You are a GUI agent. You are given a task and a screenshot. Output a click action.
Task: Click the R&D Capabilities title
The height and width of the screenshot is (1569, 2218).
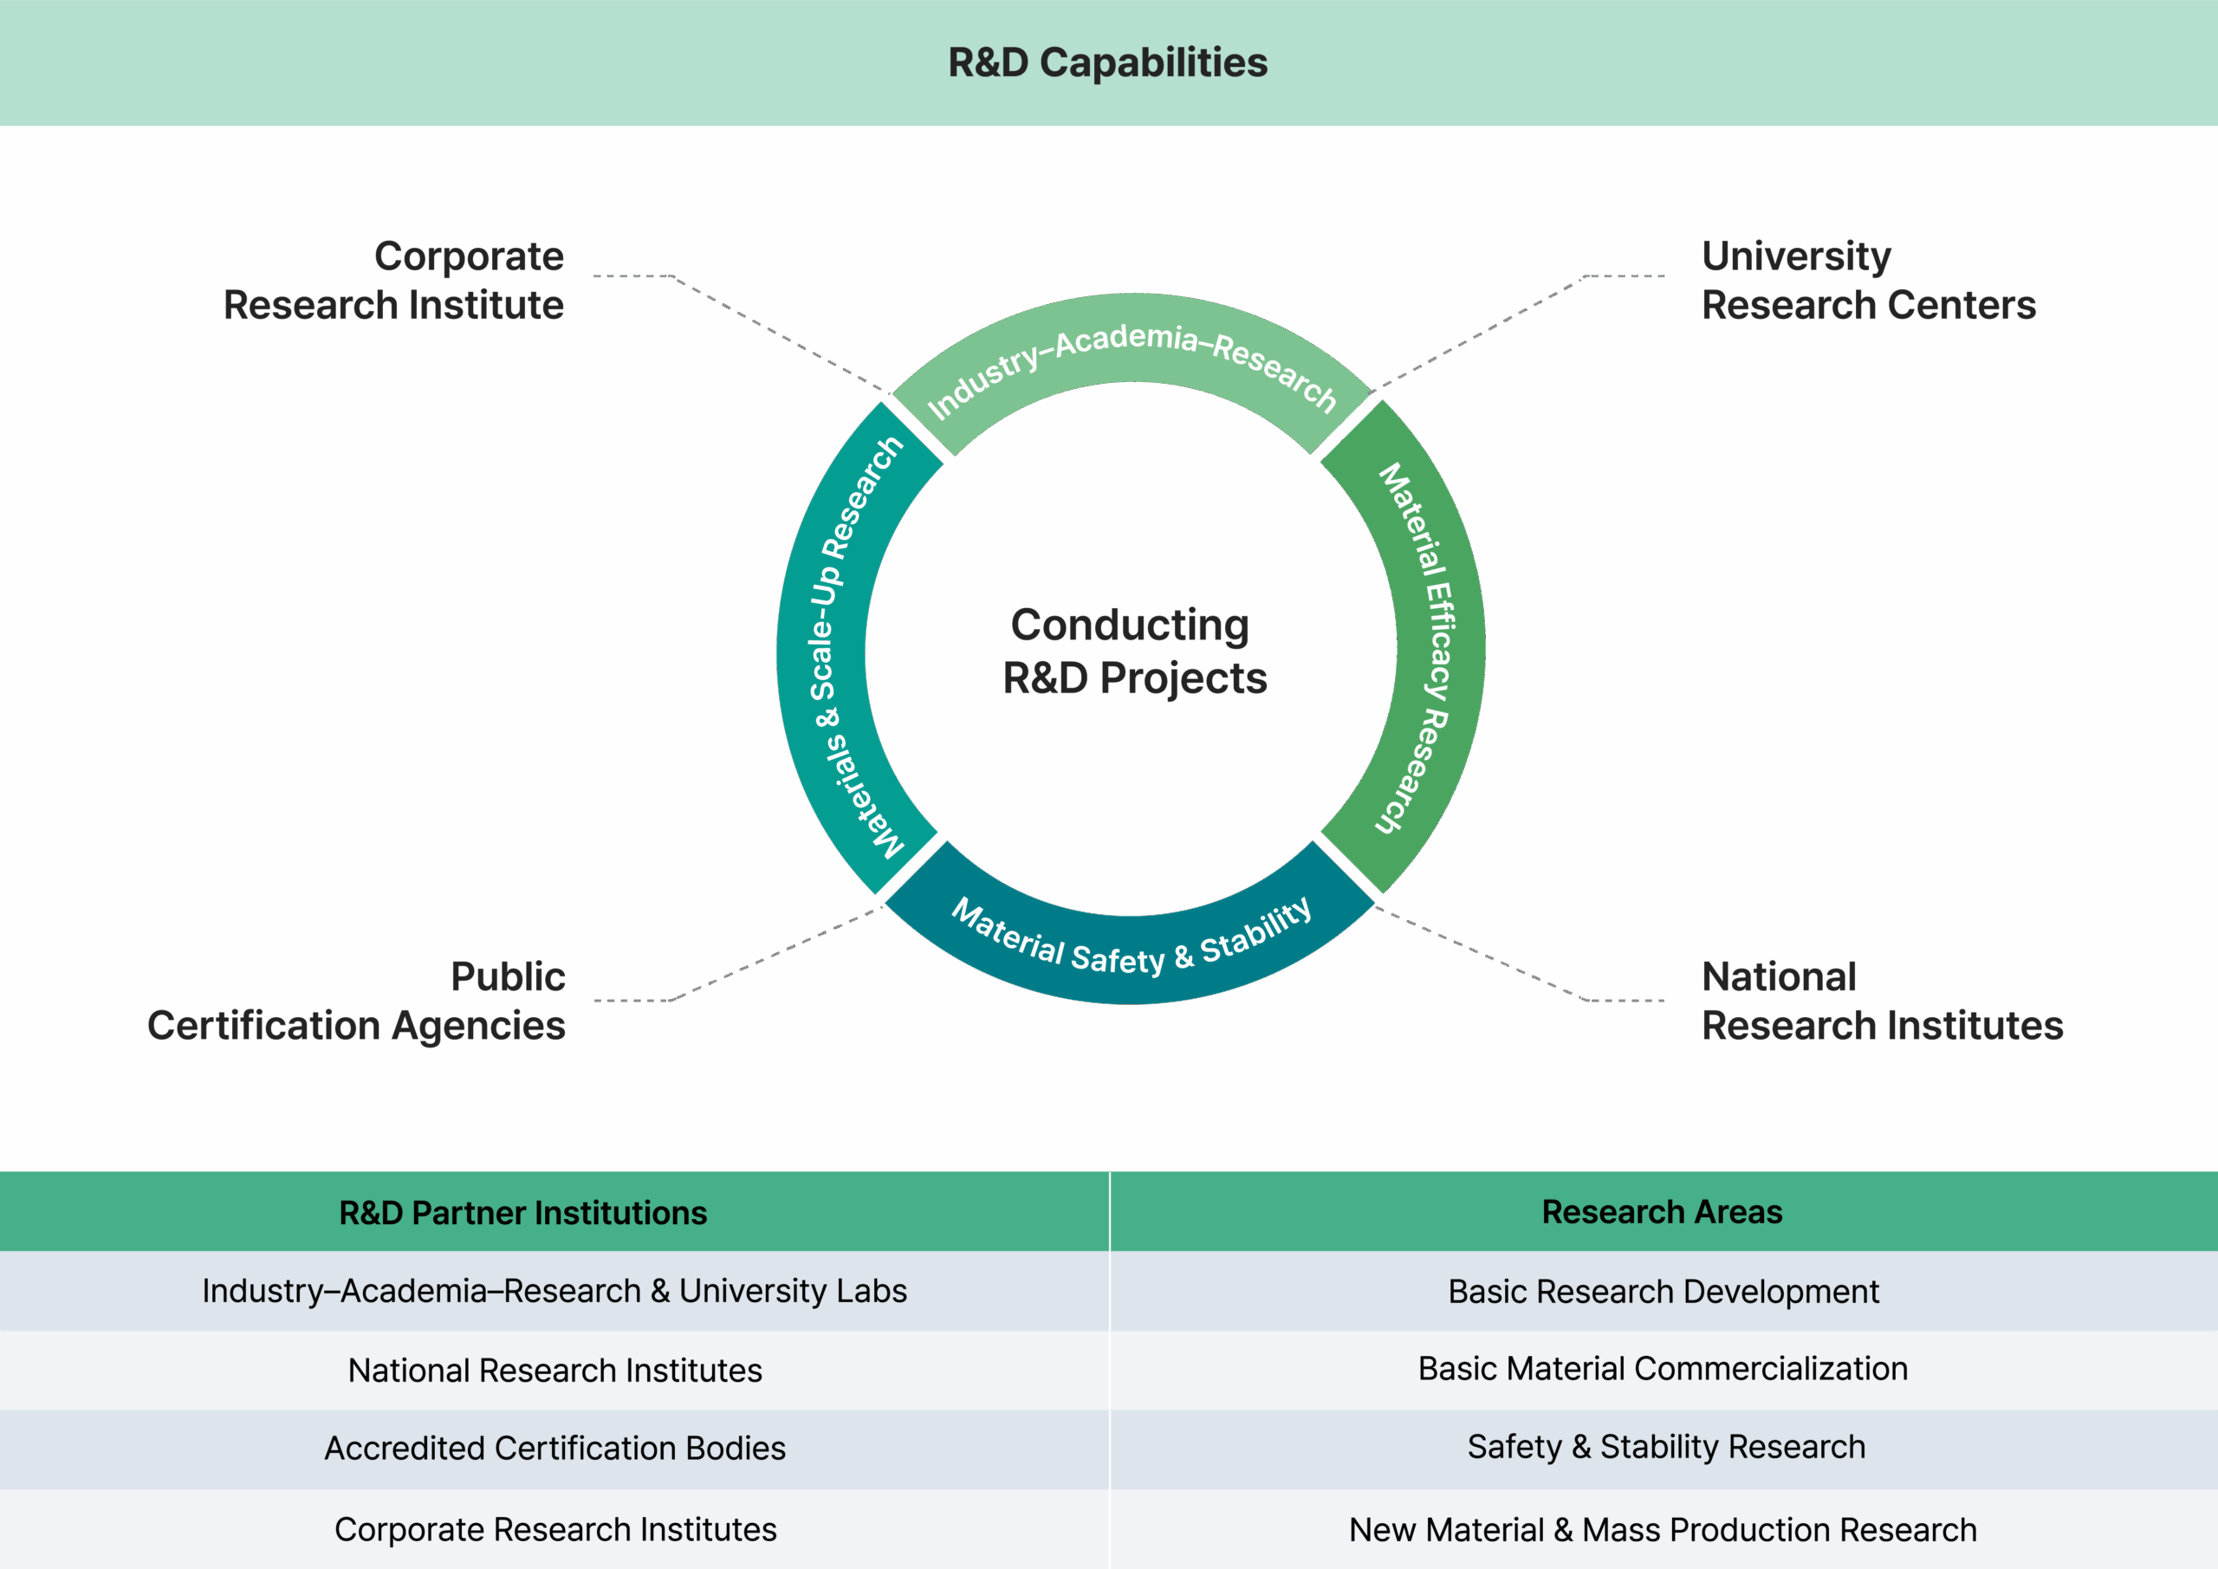click(x=1107, y=62)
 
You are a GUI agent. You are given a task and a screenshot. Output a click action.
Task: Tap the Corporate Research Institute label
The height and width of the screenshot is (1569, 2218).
click(x=394, y=280)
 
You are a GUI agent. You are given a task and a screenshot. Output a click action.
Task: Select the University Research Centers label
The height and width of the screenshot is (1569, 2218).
click(x=1867, y=280)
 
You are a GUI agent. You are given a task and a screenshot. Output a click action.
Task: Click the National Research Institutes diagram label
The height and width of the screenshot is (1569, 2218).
click(x=1881, y=1001)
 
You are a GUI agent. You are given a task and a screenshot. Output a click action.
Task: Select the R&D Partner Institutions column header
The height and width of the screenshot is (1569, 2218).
click(x=522, y=1213)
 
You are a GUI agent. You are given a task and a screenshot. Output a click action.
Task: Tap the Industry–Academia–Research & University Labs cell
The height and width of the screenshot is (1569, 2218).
click(x=554, y=1291)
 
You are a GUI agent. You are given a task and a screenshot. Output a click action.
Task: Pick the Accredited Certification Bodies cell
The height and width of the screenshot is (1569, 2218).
click(x=554, y=1449)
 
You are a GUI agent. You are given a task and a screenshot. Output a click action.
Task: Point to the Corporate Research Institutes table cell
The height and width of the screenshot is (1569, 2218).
click(x=554, y=1529)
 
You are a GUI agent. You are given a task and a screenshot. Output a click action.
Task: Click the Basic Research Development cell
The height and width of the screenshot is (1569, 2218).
click(x=1663, y=1292)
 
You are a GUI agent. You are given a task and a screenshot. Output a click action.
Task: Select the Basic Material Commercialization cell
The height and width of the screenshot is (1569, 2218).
click(x=1663, y=1369)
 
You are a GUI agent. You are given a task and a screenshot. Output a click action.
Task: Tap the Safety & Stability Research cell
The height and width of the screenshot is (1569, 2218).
click(x=1665, y=1446)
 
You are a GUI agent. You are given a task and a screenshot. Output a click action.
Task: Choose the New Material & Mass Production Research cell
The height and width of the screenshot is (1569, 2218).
click(x=1663, y=1529)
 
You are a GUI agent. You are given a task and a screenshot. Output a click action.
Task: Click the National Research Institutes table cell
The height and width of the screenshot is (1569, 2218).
click(x=554, y=1370)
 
